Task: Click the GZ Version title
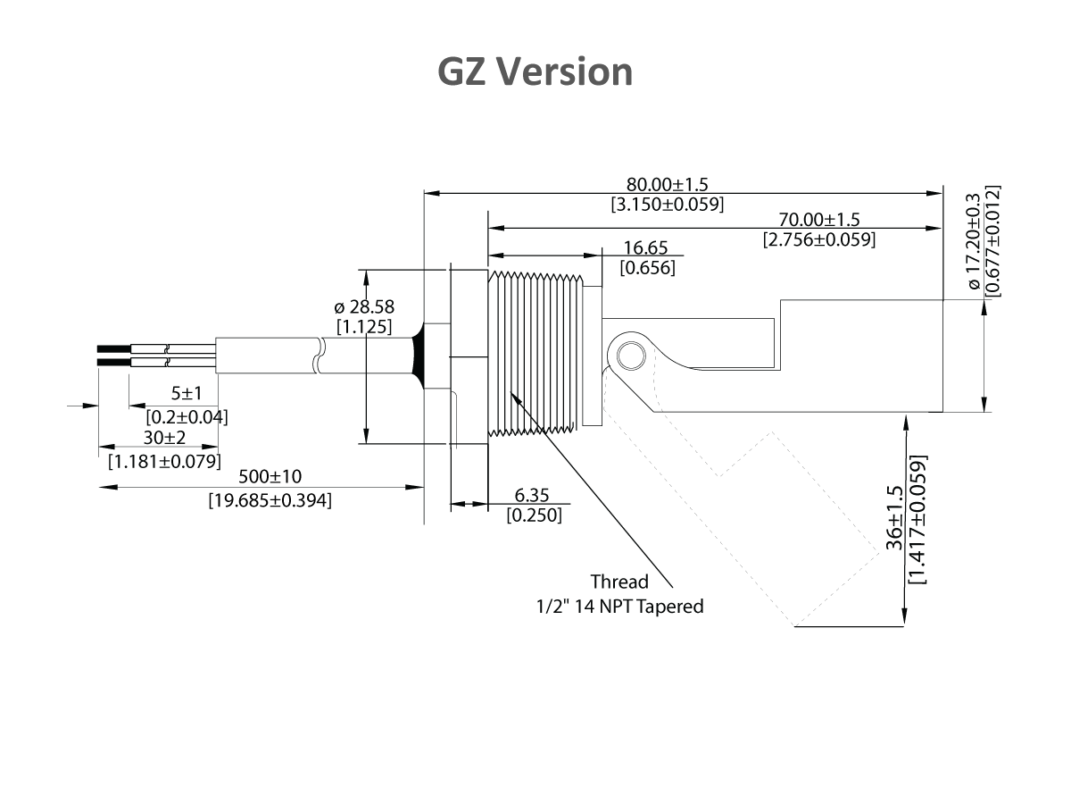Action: coord(535,71)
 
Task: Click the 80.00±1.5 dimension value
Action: coord(667,185)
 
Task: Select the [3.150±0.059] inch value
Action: coord(667,204)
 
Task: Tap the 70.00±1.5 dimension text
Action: coord(818,220)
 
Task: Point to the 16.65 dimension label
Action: coord(646,248)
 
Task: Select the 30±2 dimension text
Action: coord(165,438)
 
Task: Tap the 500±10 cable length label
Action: coord(270,478)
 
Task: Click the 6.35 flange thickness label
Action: coord(533,496)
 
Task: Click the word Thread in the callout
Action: coord(619,582)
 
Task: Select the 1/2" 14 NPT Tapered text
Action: coord(619,607)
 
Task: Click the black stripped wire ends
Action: coord(114,356)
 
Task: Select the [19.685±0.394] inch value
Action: coord(270,500)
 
